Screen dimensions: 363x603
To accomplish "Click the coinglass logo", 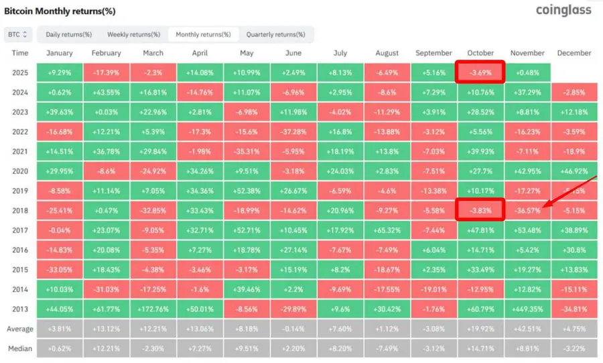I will click(x=563, y=10).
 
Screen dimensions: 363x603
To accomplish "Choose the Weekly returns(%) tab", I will click(x=133, y=34).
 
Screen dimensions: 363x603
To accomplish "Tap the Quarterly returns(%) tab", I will click(x=276, y=34).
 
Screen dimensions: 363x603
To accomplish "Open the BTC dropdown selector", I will click(x=17, y=34).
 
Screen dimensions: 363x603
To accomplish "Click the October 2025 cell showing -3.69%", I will click(x=480, y=72).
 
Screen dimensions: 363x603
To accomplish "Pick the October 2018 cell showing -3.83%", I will click(x=480, y=210).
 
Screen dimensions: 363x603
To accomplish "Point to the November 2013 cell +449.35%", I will click(x=527, y=309).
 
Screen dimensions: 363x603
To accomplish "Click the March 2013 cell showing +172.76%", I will click(x=153, y=309).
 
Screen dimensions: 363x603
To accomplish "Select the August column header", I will click(x=387, y=53).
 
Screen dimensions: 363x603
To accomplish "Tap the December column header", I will click(x=574, y=53).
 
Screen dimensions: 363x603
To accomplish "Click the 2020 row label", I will click(x=20, y=171).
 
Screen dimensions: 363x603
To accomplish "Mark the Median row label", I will click(x=20, y=349).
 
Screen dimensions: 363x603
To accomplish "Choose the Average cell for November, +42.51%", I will click(x=527, y=329).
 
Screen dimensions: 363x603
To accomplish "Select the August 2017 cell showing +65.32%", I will click(x=387, y=230).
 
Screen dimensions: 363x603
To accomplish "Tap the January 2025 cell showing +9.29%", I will click(x=60, y=72).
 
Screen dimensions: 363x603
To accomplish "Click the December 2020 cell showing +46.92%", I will click(x=574, y=171).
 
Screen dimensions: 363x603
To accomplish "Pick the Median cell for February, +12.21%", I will click(x=107, y=349).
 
